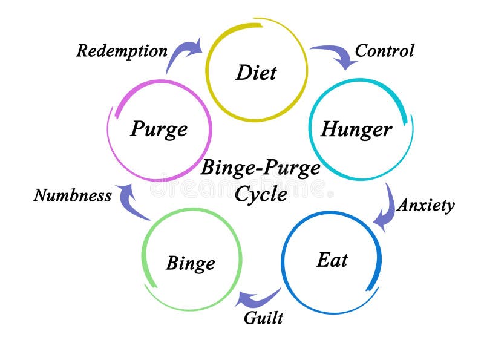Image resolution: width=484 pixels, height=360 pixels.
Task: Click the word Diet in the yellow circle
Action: tap(256, 73)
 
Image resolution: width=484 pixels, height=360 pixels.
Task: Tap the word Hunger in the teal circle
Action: tap(356, 129)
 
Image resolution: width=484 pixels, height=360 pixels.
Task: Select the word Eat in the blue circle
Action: tap(332, 260)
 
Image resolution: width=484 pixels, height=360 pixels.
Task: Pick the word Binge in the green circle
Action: tap(190, 263)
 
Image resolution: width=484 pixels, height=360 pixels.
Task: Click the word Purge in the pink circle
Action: tap(159, 129)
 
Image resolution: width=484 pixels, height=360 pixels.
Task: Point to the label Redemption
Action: tap(122, 51)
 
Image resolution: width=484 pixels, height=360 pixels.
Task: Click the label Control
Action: tap(384, 50)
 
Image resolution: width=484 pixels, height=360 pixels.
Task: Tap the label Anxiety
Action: tap(425, 205)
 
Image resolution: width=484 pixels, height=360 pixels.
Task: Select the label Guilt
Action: tap(263, 317)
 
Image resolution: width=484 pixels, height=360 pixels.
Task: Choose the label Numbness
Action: tap(73, 195)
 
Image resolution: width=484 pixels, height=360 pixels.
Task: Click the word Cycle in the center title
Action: tap(261, 194)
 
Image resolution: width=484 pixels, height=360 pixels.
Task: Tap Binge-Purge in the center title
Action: tap(260, 168)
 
